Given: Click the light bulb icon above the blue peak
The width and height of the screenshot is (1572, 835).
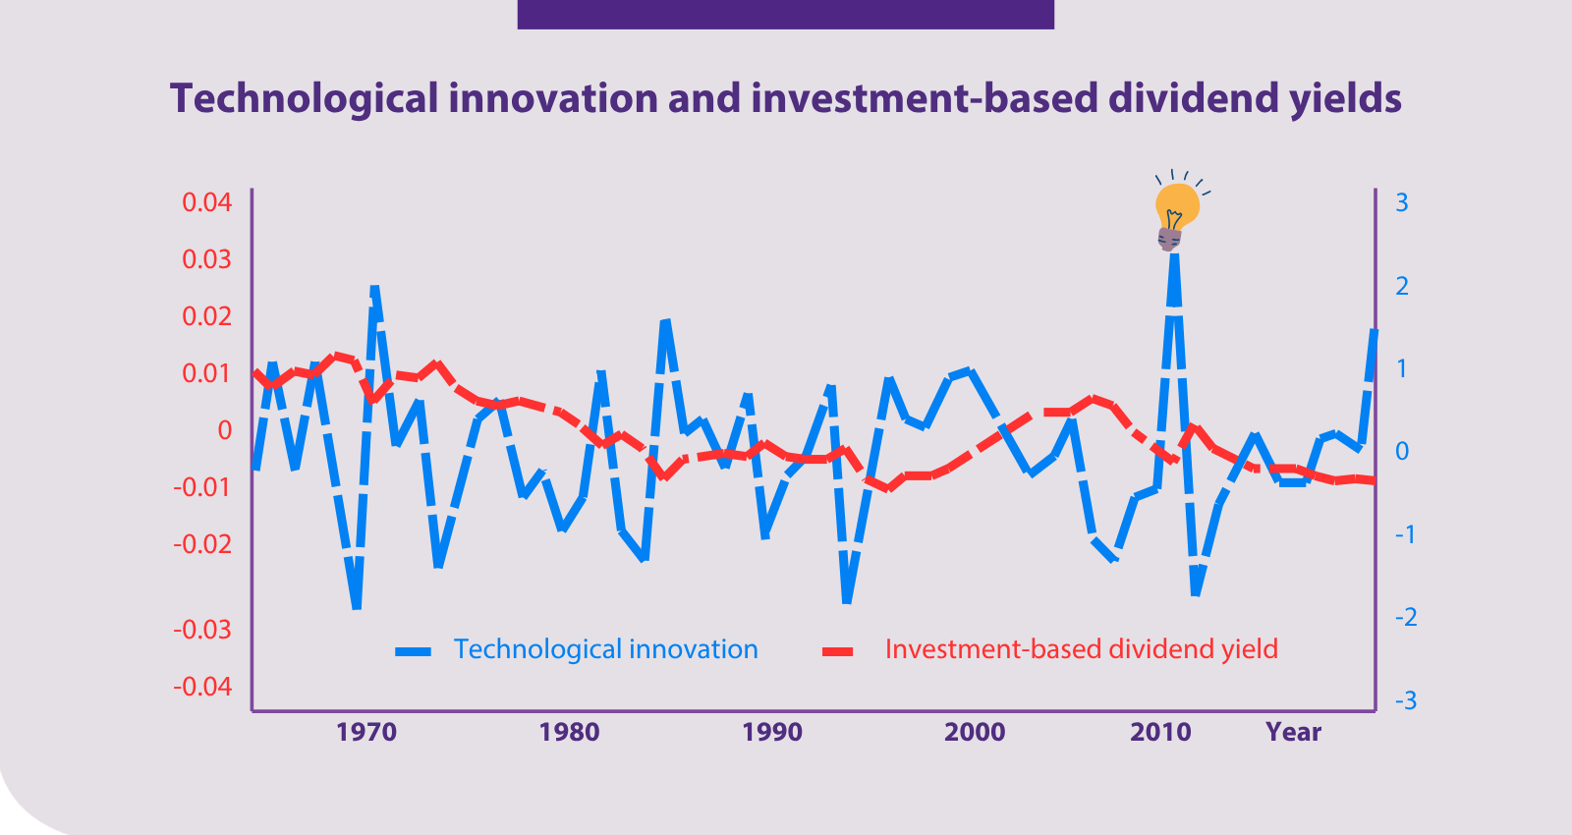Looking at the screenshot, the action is tap(1178, 210).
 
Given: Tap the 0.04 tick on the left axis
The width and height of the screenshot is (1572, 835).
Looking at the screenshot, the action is tap(206, 202).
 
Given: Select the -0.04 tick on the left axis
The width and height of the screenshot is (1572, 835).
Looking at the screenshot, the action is tap(202, 687).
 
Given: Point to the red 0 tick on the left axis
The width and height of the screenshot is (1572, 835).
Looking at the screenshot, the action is tap(225, 430).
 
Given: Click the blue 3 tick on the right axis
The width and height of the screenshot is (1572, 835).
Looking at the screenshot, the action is tap(1401, 202).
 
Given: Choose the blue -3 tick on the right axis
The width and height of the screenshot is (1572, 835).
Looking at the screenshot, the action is tap(1406, 700).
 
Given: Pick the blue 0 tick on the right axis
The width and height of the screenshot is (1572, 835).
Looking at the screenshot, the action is tap(1401, 451).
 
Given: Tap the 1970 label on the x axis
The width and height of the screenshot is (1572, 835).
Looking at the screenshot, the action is tap(366, 733).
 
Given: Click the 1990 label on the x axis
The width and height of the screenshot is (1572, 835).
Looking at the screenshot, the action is tap(772, 733).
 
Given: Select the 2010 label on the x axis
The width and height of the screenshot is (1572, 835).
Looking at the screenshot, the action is tap(1160, 733).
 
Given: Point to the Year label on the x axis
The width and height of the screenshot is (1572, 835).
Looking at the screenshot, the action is tap(1293, 733).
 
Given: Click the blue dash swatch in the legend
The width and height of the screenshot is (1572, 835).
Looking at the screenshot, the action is tap(414, 652).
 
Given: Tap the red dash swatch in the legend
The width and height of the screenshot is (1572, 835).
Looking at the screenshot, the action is tap(838, 652).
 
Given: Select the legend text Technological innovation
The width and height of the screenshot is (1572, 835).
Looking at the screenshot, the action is tap(605, 649).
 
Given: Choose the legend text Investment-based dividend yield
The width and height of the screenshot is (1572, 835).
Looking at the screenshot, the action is tap(1082, 649).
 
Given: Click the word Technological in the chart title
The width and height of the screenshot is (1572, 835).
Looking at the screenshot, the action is tap(304, 98).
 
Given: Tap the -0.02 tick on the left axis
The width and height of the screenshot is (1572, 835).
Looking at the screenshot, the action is tap(202, 544).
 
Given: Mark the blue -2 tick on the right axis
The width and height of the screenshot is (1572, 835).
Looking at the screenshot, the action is tap(1406, 618).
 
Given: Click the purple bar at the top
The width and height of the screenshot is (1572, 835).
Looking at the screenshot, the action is tap(785, 14).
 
